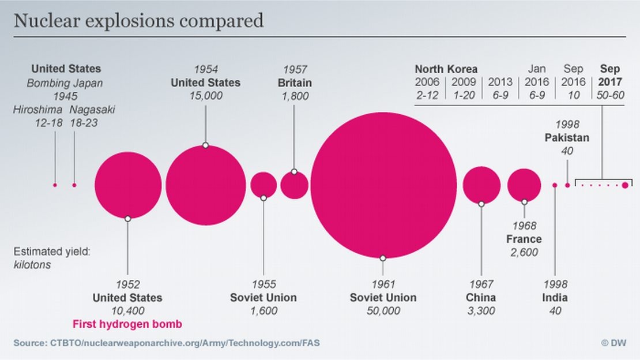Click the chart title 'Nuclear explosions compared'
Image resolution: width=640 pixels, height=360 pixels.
[x=138, y=21]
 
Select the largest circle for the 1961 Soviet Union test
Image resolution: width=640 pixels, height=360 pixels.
[x=383, y=185]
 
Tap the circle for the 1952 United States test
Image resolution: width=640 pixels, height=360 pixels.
[x=128, y=185]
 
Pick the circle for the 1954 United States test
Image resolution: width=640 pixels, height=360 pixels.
[x=209, y=185]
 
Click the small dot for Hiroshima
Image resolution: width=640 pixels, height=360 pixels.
[x=55, y=185]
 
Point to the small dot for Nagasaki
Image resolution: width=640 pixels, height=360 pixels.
[x=74, y=185]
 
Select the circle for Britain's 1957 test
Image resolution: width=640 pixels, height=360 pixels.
[x=295, y=185]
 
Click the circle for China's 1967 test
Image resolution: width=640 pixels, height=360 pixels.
[x=481, y=185]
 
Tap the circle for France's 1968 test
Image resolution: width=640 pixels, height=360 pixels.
[x=524, y=185]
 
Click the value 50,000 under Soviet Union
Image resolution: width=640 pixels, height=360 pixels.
[x=383, y=311]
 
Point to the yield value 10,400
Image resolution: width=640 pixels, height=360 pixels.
[x=127, y=311]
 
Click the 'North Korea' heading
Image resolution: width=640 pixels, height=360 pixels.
[x=446, y=69]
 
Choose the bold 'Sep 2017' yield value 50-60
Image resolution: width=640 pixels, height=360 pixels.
[x=610, y=95]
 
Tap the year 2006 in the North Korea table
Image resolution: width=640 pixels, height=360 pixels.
[x=427, y=82]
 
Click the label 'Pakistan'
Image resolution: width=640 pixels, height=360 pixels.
[x=567, y=138]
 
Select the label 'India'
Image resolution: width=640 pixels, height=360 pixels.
[x=555, y=298]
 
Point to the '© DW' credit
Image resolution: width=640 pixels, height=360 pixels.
[x=613, y=343]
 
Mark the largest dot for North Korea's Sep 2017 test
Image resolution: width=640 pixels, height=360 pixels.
[x=625, y=185]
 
